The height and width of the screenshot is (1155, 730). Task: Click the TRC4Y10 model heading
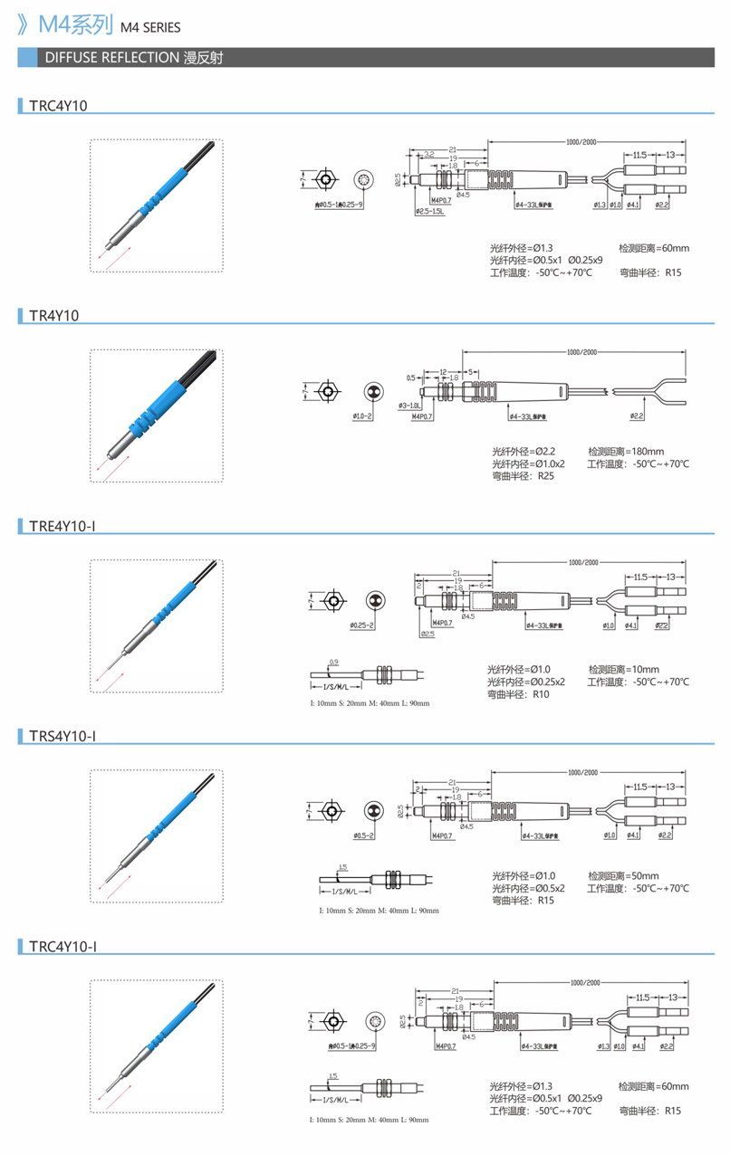tap(58, 106)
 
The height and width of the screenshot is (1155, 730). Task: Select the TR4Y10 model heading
tap(54, 316)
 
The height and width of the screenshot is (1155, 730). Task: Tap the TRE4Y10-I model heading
tap(62, 526)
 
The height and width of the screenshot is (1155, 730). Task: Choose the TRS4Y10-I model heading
tap(62, 736)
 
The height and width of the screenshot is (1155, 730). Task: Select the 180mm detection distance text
tap(626, 451)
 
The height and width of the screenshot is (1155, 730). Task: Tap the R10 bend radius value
tap(541, 694)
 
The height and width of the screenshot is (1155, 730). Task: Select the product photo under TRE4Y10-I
tap(156, 625)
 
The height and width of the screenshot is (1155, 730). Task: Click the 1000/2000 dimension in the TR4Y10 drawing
tap(582, 352)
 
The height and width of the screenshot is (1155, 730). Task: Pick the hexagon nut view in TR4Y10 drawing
tap(331, 391)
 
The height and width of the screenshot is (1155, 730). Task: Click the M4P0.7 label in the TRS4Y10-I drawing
tap(444, 835)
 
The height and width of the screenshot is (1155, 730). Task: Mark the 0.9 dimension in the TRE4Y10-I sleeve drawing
tap(333, 663)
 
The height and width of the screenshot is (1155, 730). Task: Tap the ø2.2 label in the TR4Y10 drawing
tap(637, 416)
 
